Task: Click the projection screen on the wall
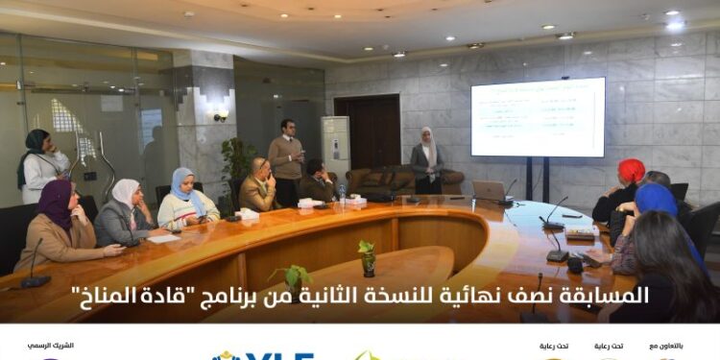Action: [x=538, y=117]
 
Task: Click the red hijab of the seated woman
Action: [x=631, y=171]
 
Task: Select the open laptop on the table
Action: [x=491, y=191]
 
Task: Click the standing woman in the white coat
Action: [x=40, y=165]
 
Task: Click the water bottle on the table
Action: [x=342, y=195]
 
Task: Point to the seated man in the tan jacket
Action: [x=258, y=186]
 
